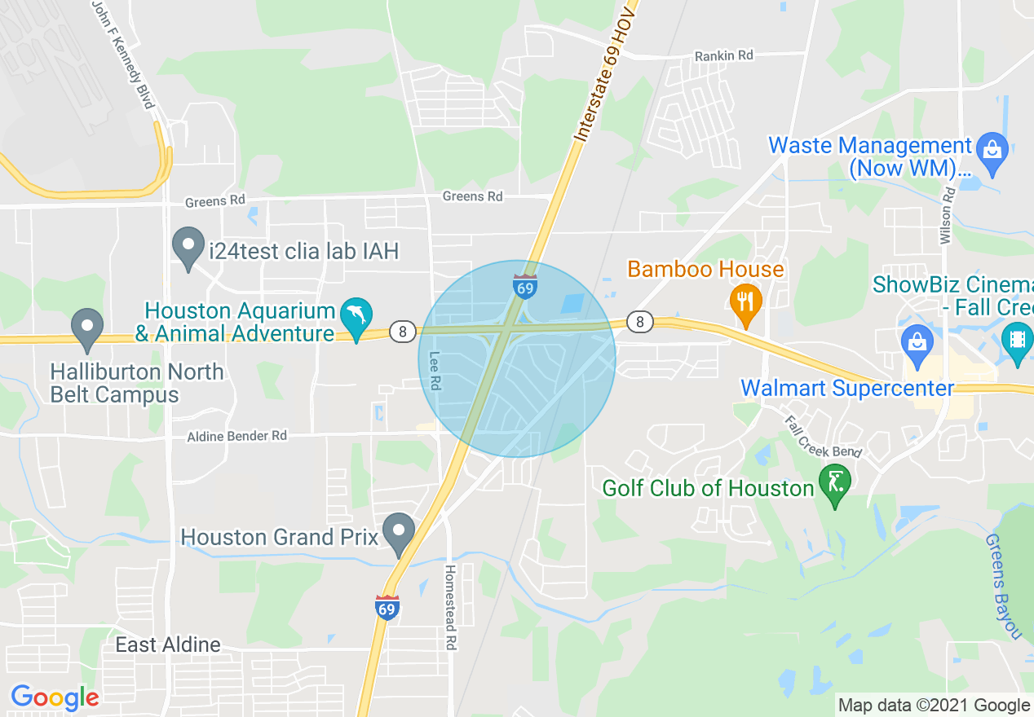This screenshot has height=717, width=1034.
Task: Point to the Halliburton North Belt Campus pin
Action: (86, 327)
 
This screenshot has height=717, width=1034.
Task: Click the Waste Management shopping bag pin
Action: (992, 151)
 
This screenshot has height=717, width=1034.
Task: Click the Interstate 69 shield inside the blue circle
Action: (525, 287)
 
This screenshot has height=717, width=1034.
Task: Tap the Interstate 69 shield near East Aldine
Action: (387, 608)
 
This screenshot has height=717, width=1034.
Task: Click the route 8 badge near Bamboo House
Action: (640, 323)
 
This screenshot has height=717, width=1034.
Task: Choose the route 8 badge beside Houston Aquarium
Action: (402, 332)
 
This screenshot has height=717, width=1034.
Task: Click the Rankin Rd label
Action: (723, 55)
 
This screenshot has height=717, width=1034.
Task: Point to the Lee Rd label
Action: (435, 371)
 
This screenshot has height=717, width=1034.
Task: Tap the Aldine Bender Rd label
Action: (237, 436)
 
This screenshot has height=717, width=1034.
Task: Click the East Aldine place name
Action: (168, 645)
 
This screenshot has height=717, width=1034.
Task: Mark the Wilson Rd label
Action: (947, 215)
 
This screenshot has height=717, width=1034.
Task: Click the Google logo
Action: (55, 697)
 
